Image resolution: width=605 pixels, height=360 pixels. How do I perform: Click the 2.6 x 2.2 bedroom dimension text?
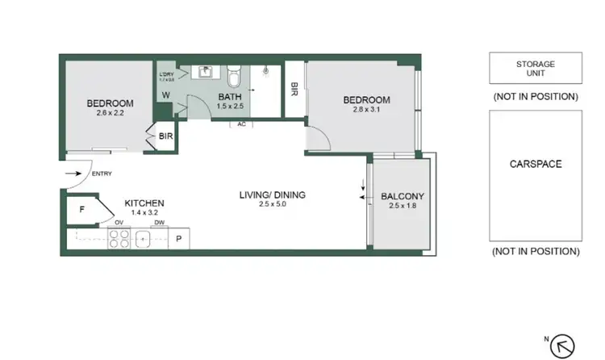[x=110, y=114]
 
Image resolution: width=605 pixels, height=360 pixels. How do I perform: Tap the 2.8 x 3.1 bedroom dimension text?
[x=366, y=111]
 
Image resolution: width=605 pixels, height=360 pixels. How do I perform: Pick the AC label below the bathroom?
[x=241, y=124]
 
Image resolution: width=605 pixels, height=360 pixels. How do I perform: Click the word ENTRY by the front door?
[x=102, y=174]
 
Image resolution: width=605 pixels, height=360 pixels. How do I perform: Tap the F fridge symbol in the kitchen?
[x=82, y=209]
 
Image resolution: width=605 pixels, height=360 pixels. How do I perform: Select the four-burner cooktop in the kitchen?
[x=119, y=240]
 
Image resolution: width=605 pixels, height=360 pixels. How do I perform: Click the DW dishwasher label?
[x=160, y=223]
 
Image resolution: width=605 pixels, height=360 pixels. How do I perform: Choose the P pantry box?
[x=178, y=240]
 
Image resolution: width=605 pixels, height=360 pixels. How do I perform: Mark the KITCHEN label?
[x=144, y=203]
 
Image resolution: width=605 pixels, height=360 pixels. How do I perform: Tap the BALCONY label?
[x=402, y=196]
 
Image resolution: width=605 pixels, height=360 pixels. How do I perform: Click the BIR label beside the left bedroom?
[x=165, y=137]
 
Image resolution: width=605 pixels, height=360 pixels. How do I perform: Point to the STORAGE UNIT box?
[x=535, y=68]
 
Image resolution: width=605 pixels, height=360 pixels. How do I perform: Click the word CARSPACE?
[x=535, y=164]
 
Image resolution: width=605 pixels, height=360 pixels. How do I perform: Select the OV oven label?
[x=119, y=223]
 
